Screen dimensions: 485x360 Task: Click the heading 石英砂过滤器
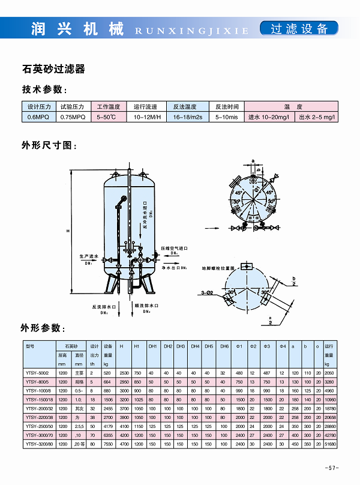coord(53,69)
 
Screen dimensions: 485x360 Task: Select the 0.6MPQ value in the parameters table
coord(38,117)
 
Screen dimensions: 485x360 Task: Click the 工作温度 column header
coord(109,106)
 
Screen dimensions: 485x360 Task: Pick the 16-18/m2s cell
coord(188,117)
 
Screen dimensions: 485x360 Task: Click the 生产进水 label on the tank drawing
coord(91,256)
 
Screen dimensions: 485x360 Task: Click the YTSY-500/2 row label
coord(38,373)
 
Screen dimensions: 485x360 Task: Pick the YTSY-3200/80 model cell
coord(39,442)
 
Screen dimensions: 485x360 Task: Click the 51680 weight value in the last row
coord(330,442)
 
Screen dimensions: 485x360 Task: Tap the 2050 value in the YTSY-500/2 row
coord(329,373)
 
